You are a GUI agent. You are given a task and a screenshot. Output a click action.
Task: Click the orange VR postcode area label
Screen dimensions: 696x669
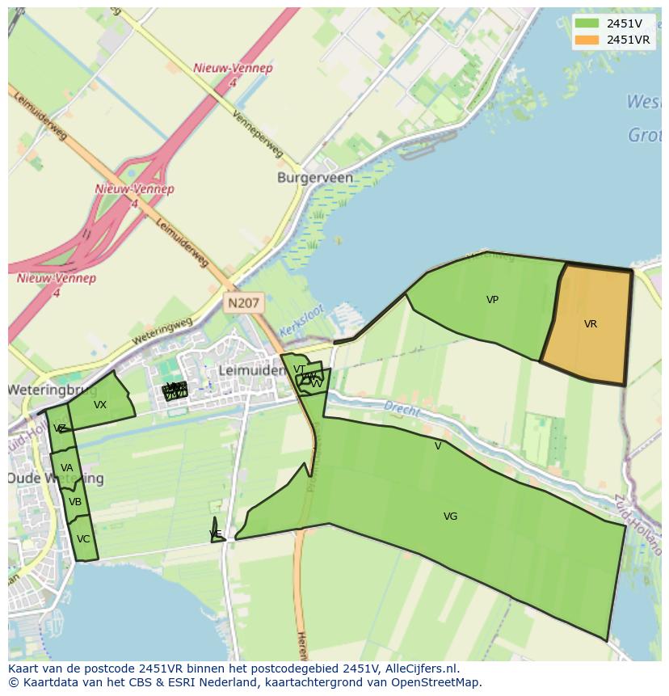(x=591, y=324)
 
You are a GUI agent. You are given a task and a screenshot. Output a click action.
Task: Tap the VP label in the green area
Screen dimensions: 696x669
(x=492, y=300)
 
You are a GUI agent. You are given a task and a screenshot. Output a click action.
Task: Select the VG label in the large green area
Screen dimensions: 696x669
(x=450, y=517)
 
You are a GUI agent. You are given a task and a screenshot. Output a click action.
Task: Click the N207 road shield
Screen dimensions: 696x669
(x=243, y=303)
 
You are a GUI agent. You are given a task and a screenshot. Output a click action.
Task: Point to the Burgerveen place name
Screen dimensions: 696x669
(x=314, y=177)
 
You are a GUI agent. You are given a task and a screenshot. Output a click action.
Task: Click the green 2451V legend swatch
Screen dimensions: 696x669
(x=587, y=23)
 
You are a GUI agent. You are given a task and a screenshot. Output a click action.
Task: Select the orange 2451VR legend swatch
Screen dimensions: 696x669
(x=587, y=40)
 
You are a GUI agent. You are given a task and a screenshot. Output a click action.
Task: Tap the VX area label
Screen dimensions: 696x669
(x=100, y=405)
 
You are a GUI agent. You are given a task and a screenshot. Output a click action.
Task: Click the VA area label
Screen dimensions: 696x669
(x=67, y=468)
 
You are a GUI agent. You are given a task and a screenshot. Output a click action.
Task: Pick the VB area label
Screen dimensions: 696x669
(x=75, y=502)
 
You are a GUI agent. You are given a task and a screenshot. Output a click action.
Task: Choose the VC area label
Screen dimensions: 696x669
(x=83, y=539)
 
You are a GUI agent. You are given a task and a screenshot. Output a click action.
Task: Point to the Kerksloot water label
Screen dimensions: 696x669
(x=301, y=321)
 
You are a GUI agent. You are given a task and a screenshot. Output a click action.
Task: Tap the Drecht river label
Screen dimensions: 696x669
(x=402, y=409)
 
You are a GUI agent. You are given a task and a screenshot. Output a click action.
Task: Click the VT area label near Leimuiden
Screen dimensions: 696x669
(x=299, y=369)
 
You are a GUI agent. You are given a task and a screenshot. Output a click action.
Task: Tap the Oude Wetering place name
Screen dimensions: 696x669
(x=55, y=479)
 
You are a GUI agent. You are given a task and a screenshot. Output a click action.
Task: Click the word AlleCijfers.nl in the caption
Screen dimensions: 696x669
(x=419, y=669)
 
